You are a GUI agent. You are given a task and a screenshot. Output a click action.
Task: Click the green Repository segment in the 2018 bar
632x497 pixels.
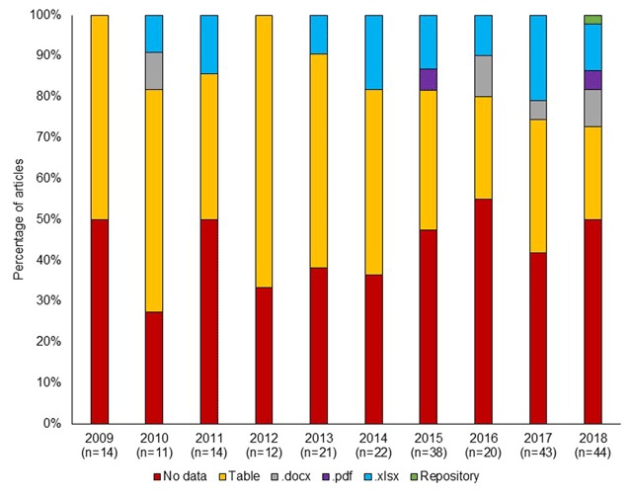(x=592, y=20)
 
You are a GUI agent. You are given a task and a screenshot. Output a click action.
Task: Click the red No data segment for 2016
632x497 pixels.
(x=484, y=311)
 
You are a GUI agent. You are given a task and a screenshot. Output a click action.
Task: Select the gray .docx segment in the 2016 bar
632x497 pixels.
(x=484, y=76)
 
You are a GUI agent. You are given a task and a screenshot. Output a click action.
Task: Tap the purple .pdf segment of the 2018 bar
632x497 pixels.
(x=592, y=79)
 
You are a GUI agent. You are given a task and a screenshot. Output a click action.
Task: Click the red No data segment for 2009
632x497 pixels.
(x=99, y=321)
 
